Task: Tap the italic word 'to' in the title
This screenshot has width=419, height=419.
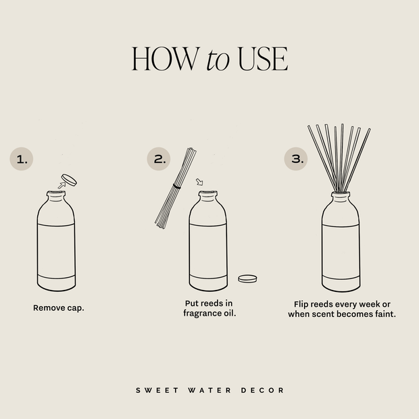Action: (x=218, y=61)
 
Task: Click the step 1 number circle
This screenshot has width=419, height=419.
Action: (x=22, y=159)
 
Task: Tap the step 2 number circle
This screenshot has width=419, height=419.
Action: (x=159, y=159)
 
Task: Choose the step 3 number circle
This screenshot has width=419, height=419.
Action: (x=296, y=159)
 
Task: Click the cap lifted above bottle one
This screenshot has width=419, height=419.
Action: (x=69, y=179)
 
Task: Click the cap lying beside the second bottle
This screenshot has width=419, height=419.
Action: (x=248, y=278)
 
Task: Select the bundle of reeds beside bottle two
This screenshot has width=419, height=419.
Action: (x=174, y=188)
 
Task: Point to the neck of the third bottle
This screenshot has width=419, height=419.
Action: (x=341, y=197)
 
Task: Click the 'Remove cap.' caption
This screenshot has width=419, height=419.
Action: (x=59, y=307)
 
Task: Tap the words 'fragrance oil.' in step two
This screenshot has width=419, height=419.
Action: (x=209, y=314)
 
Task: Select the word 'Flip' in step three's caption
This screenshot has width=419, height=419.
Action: (x=302, y=304)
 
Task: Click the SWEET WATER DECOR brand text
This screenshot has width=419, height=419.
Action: (x=209, y=390)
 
